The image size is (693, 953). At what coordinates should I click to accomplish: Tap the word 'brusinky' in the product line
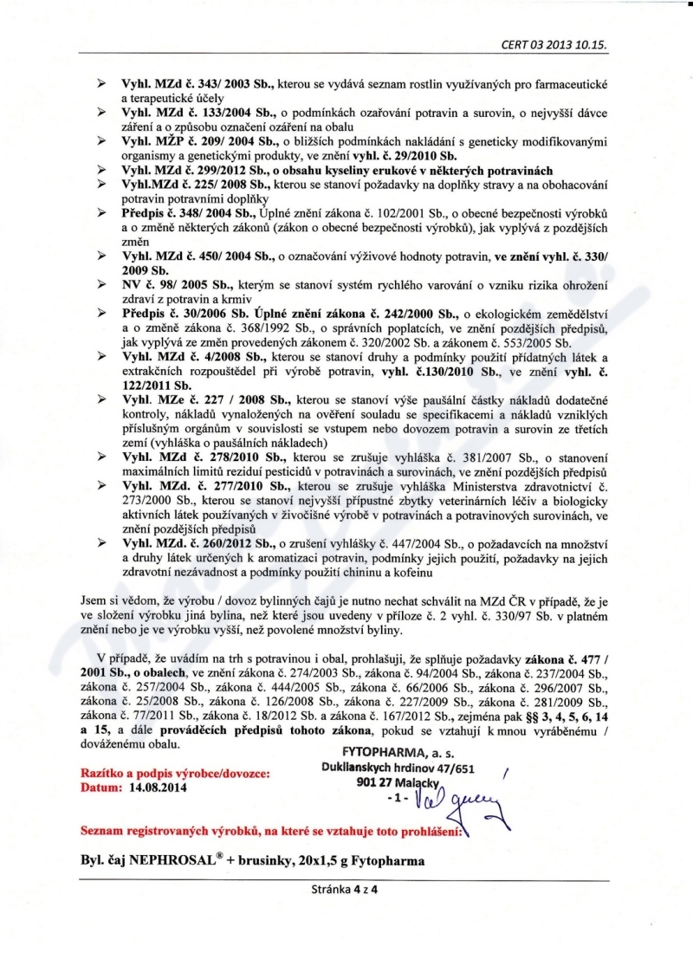(268, 863)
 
